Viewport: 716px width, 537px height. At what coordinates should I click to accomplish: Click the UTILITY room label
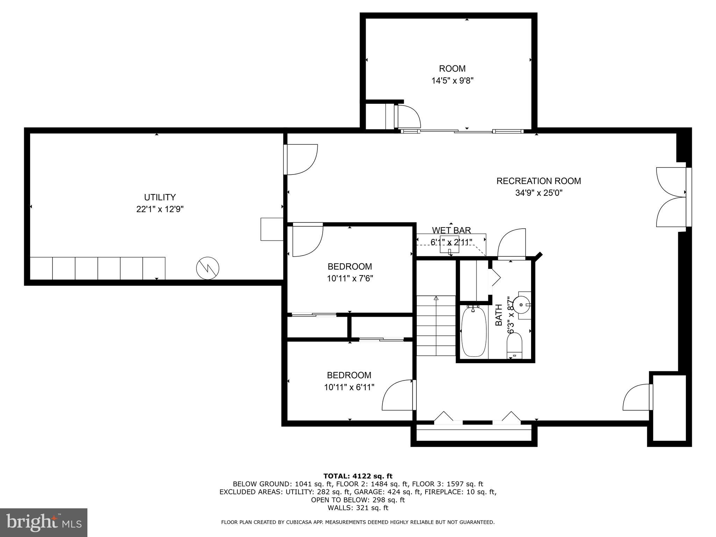[160, 197]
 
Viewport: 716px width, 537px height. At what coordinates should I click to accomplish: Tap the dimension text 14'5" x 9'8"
[452, 81]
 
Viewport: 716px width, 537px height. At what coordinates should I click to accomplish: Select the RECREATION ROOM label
[538, 181]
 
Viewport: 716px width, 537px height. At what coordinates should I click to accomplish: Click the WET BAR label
[451, 230]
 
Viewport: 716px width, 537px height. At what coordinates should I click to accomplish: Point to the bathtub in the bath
[474, 331]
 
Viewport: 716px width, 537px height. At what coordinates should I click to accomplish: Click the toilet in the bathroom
[514, 345]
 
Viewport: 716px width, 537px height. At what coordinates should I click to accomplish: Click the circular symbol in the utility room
[208, 268]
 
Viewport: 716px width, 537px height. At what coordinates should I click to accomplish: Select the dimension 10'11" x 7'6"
[350, 279]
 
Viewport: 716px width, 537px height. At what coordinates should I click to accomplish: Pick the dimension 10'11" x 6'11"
[349, 387]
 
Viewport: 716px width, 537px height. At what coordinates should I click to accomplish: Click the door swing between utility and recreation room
[301, 159]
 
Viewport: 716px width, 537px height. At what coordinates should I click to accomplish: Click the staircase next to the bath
[436, 325]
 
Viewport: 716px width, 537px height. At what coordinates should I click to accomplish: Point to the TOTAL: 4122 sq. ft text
[358, 476]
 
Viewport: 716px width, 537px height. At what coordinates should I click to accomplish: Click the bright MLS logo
[43, 522]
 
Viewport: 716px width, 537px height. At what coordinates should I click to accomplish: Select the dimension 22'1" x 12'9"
[160, 209]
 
